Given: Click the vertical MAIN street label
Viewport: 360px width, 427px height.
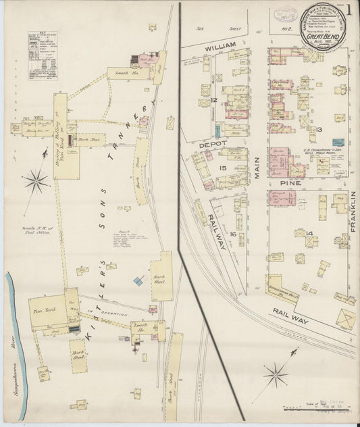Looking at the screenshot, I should [x=257, y=166].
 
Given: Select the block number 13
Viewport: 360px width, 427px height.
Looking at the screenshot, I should [x=319, y=129].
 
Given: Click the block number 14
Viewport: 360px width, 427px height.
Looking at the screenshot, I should [x=309, y=233].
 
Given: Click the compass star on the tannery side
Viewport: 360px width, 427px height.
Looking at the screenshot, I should [x=36, y=181].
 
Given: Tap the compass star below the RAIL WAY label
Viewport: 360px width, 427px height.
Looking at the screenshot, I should [x=276, y=374].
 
